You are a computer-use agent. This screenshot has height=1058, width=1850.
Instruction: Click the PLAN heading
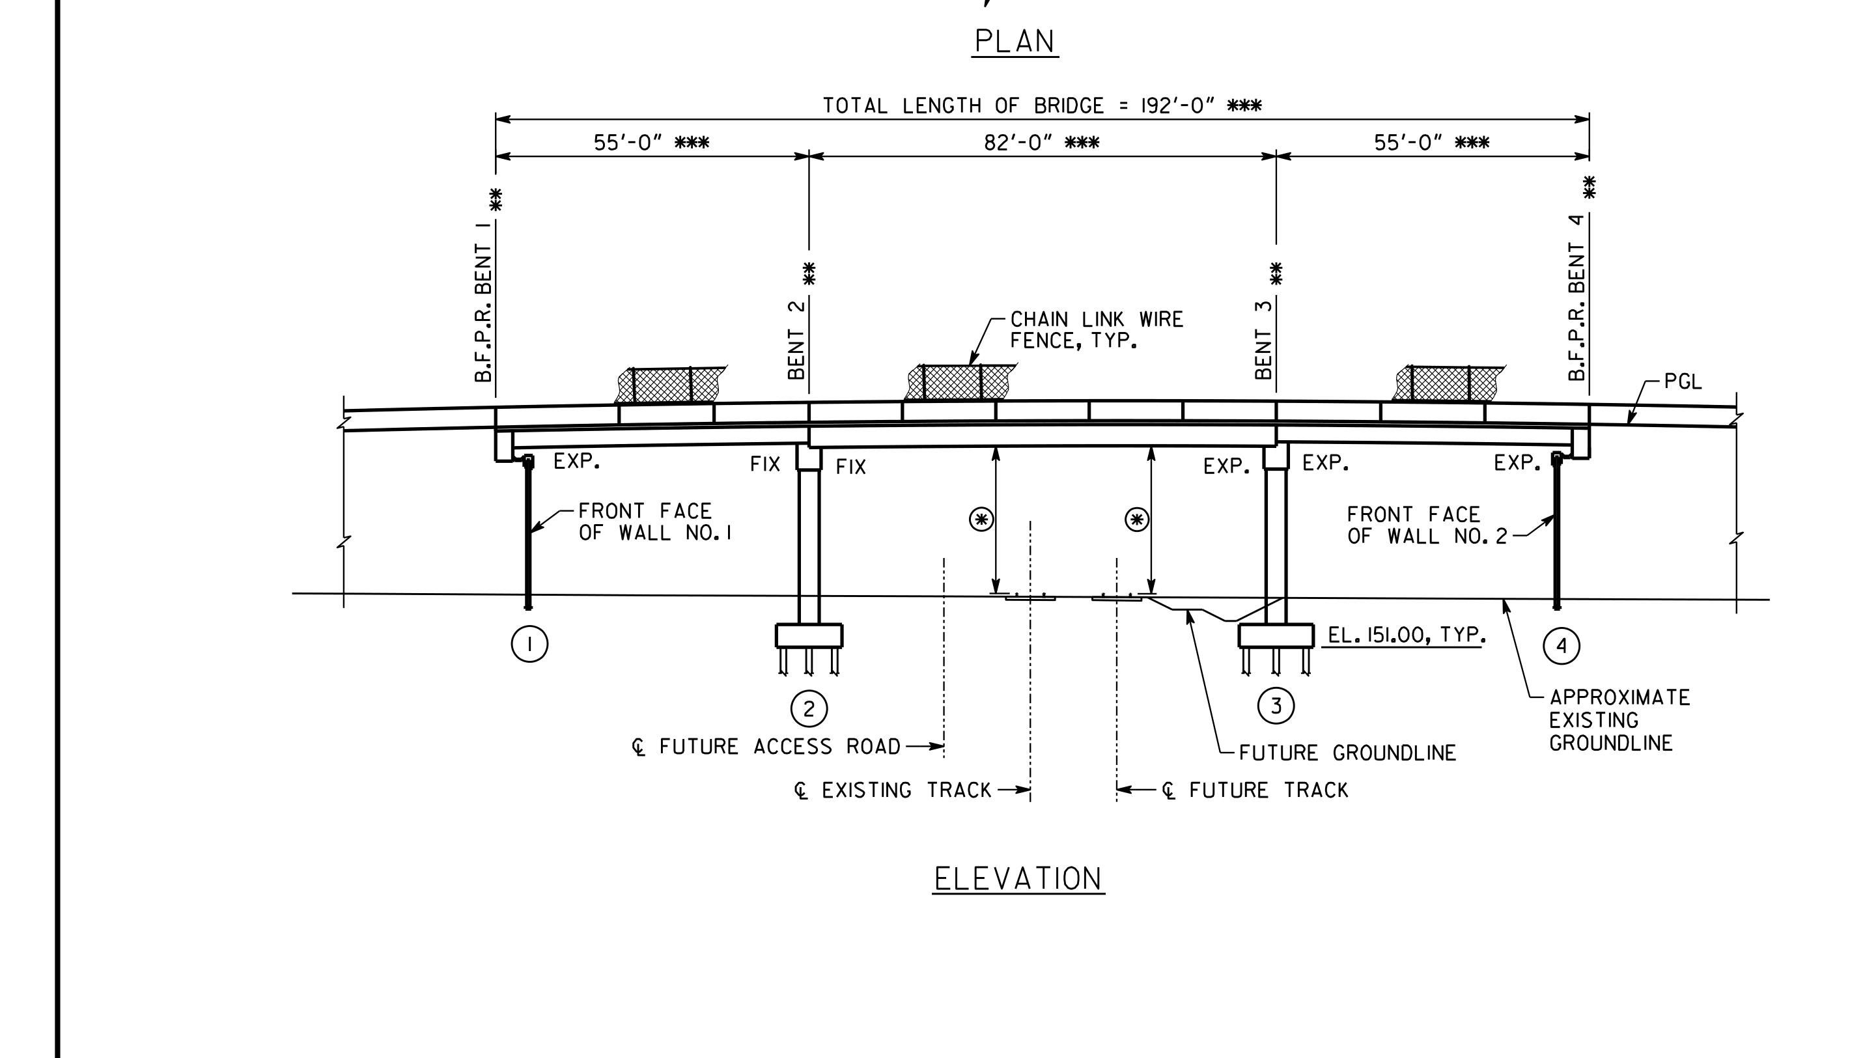click(x=1015, y=42)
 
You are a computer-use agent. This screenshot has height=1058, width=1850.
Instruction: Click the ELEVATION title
click(x=1018, y=879)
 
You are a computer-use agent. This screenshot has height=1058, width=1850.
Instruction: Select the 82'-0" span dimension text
click(x=1041, y=143)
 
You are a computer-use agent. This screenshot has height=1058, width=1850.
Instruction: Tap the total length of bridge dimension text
click(x=1042, y=106)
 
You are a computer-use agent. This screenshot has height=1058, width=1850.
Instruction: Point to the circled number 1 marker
click(x=529, y=644)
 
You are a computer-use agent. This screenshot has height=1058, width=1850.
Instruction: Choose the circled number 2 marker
click(x=809, y=708)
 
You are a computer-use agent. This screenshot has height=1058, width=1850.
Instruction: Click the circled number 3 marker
click(x=1276, y=706)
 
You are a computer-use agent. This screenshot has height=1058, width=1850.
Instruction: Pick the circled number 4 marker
click(x=1562, y=646)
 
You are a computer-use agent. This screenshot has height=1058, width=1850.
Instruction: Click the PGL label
click(x=1682, y=382)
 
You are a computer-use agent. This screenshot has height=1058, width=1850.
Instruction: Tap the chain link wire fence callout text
click(x=1097, y=330)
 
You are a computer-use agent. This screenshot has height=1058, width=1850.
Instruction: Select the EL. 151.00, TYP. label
click(x=1406, y=635)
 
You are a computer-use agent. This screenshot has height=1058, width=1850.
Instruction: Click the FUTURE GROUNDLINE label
click(x=1347, y=753)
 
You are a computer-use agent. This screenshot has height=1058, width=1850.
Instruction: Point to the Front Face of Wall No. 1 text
click(x=654, y=522)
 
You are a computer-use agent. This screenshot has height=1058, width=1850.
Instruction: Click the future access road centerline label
click(x=766, y=747)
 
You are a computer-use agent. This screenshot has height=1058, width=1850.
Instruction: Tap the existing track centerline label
click(x=892, y=790)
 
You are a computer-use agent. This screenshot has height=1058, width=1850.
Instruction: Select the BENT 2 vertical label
click(x=797, y=340)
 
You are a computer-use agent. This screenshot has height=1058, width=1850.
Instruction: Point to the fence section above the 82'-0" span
click(x=960, y=382)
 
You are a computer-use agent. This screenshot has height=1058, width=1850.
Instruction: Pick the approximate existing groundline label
click(x=1619, y=720)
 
